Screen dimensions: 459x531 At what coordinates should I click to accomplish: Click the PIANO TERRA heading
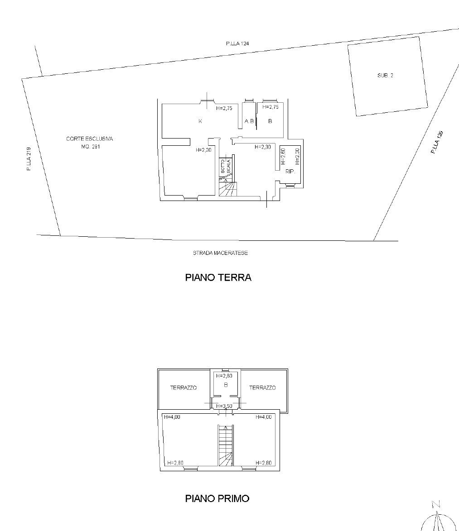(x=218, y=277)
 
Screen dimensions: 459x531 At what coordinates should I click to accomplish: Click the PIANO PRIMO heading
(x=217, y=498)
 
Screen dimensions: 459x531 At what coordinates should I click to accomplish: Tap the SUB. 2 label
(x=385, y=76)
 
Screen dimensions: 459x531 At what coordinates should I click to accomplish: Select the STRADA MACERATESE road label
(x=220, y=253)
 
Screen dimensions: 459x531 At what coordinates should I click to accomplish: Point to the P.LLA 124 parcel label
(x=237, y=43)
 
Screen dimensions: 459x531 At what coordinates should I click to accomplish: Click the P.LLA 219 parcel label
(x=29, y=158)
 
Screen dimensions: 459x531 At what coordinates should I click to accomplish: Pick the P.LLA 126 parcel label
(x=437, y=142)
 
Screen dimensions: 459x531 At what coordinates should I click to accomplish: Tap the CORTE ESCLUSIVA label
(x=90, y=139)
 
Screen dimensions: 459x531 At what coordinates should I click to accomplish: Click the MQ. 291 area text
(x=91, y=147)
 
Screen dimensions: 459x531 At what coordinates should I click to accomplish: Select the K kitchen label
(x=200, y=121)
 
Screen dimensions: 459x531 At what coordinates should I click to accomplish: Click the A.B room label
(x=249, y=121)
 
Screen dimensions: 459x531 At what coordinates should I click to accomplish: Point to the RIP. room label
(x=290, y=172)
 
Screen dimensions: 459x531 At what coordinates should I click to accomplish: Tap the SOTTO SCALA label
(x=226, y=166)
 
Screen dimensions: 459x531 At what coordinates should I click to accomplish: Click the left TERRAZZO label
(x=184, y=388)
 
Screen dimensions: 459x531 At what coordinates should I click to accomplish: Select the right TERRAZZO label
(x=262, y=388)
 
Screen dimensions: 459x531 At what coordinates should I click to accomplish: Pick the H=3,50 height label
(x=224, y=406)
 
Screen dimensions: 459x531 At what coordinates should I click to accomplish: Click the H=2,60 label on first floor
(x=224, y=376)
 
